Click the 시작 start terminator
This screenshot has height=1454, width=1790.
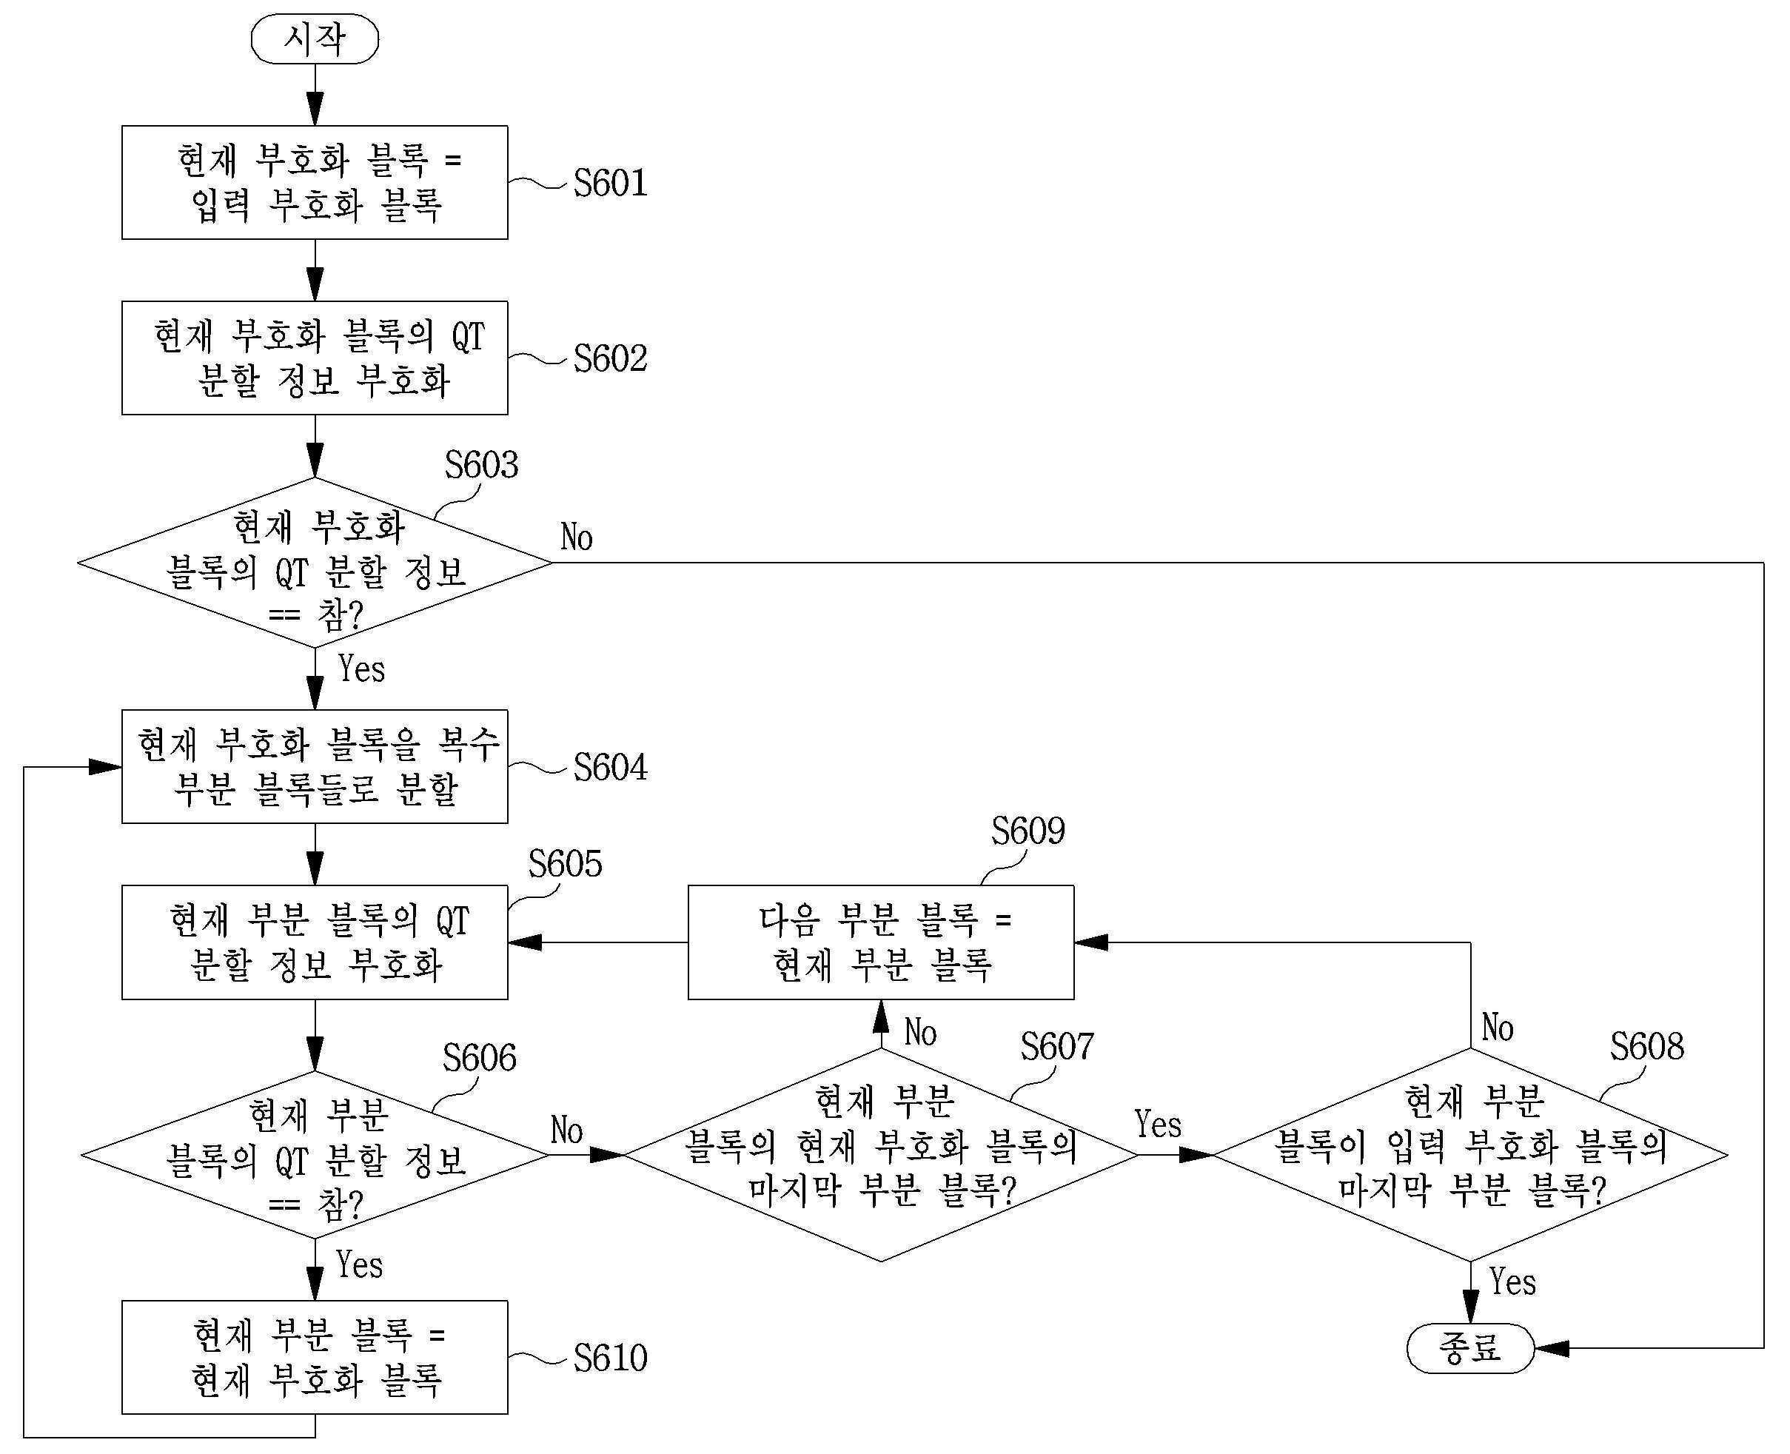click(x=315, y=38)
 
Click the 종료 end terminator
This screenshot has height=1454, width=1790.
click(x=1470, y=1348)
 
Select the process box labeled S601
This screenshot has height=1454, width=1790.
click(x=315, y=183)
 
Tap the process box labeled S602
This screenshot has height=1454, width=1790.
click(x=315, y=358)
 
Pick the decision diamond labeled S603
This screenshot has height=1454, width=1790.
click(x=315, y=562)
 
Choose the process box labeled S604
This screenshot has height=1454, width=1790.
click(x=315, y=766)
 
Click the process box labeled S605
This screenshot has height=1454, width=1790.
click(x=315, y=942)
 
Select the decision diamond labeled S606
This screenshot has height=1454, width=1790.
click(x=315, y=1155)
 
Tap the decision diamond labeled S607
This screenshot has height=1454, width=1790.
click(x=881, y=1155)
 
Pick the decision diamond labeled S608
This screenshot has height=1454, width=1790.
click(x=1470, y=1155)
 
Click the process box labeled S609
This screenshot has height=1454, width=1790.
click(x=881, y=942)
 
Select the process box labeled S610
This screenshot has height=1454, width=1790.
click(x=315, y=1357)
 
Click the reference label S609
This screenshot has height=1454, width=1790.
click(x=1028, y=831)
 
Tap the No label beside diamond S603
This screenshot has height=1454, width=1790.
click(x=576, y=537)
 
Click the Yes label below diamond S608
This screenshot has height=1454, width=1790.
click(x=1512, y=1282)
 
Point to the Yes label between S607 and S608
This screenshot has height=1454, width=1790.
click(x=1158, y=1124)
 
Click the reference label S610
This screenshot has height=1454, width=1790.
click(x=610, y=1358)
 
